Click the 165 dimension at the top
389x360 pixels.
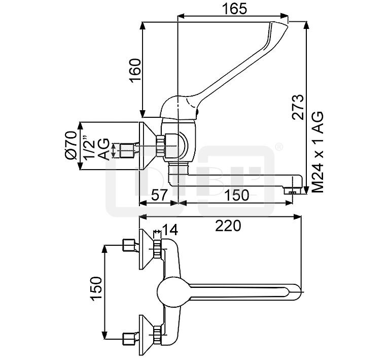[234, 9]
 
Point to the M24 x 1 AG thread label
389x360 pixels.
[318, 152]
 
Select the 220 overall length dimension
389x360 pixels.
[227, 226]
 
